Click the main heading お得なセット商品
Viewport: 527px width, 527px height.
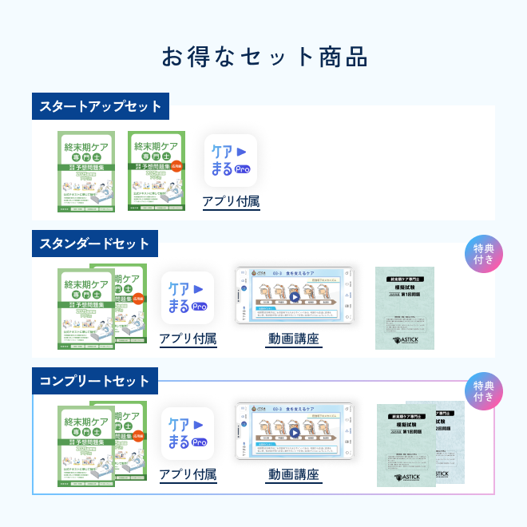click(263, 57)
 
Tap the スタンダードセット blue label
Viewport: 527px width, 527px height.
click(94, 244)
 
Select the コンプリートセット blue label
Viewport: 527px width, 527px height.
click(94, 381)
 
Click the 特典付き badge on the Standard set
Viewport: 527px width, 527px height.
click(484, 255)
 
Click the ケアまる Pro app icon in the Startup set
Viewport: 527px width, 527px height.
click(231, 160)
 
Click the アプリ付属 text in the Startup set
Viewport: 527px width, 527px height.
click(231, 201)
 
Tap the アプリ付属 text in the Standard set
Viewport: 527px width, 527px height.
click(188, 339)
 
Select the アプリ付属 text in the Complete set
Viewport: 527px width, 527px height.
click(188, 475)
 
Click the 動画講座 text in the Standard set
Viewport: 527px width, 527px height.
click(293, 339)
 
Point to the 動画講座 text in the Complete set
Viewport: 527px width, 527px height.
click(293, 475)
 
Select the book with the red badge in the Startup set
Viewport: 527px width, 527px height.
click(157, 172)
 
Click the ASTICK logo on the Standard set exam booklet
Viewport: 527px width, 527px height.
click(406, 339)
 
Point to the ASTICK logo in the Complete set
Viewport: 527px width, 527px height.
click(407, 476)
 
